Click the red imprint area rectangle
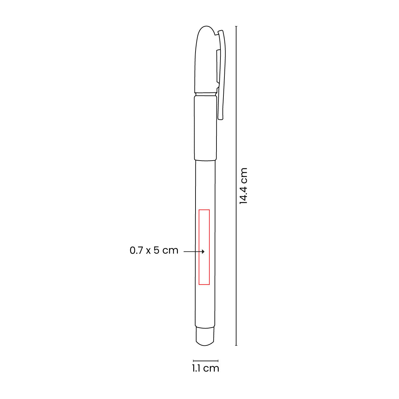pos(199,247)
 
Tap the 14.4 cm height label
pos(243,186)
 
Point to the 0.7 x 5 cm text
pos(154,250)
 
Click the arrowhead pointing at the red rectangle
pos(203,252)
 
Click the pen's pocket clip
pos(221,74)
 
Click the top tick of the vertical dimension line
pos(236,27)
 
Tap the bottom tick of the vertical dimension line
pos(236,345)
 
